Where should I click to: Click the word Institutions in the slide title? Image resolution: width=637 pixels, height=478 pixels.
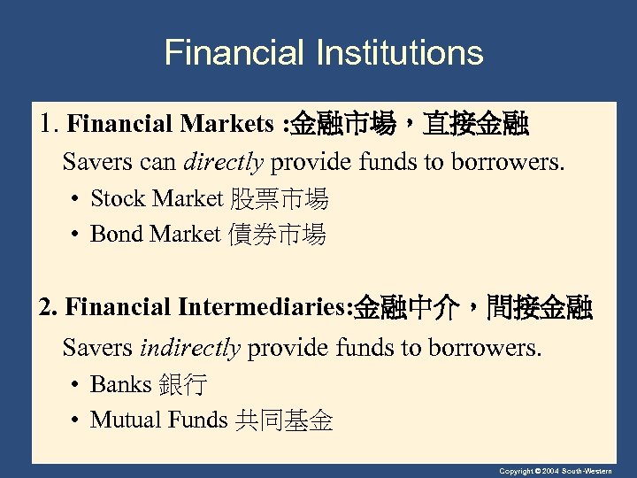(x=399, y=53)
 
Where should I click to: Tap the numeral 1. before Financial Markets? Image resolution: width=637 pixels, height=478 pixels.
(x=49, y=125)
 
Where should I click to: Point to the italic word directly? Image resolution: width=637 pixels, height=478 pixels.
(x=223, y=163)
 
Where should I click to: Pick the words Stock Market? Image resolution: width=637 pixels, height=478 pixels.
(x=157, y=199)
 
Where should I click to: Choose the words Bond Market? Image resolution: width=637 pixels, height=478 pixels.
(x=155, y=235)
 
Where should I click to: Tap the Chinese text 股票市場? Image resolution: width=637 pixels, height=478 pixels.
(x=280, y=199)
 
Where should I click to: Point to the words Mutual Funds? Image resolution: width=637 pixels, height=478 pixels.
(x=158, y=420)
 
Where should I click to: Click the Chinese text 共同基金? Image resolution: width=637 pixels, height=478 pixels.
(x=284, y=420)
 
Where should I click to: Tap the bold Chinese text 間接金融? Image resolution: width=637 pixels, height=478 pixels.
(x=535, y=308)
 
